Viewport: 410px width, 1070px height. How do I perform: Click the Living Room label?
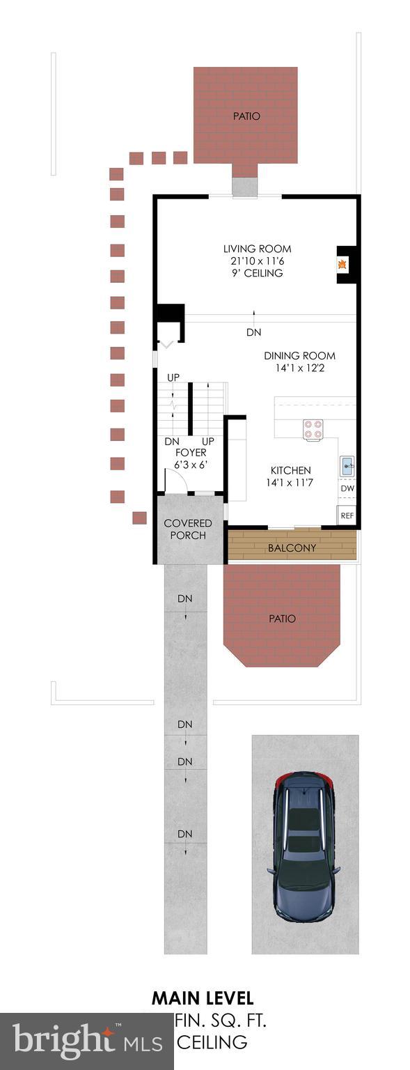coord(257,249)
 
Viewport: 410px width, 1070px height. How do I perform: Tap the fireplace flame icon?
coord(342,265)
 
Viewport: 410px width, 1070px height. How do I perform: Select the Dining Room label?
coord(299,355)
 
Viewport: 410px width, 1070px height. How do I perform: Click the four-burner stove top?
coord(313,429)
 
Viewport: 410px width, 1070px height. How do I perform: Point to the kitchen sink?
coord(347,465)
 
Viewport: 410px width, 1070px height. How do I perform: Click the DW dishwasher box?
coord(347,489)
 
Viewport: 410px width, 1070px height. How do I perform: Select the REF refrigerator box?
coord(347,516)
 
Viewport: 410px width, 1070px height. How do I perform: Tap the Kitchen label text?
coord(291,470)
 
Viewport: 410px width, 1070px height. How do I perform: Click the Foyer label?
coord(191,453)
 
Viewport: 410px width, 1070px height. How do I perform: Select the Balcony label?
coord(292,548)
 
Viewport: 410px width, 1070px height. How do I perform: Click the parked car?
coord(304,845)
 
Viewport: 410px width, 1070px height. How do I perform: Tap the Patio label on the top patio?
coord(246,116)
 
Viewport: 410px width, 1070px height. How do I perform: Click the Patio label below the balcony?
coord(282,619)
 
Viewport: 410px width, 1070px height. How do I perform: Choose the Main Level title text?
coord(203,998)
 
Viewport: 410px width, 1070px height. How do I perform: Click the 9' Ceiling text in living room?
coord(257,273)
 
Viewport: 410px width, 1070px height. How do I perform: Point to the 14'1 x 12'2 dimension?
coord(299,367)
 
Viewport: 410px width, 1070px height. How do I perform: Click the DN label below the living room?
coord(253,333)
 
